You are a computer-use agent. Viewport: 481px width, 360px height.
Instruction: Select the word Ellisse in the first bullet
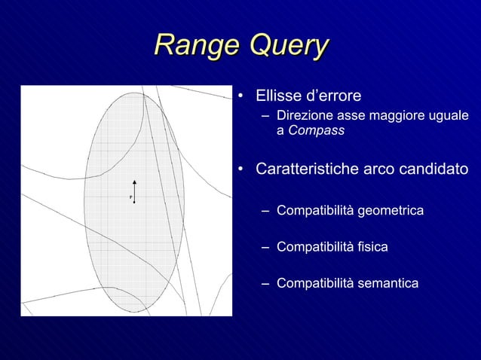[278, 96]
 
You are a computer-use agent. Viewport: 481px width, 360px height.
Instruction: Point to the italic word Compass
[317, 130]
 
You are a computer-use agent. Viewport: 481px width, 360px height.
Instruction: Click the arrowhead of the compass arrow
[134, 182]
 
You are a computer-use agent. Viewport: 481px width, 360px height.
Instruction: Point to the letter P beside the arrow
[130, 197]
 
